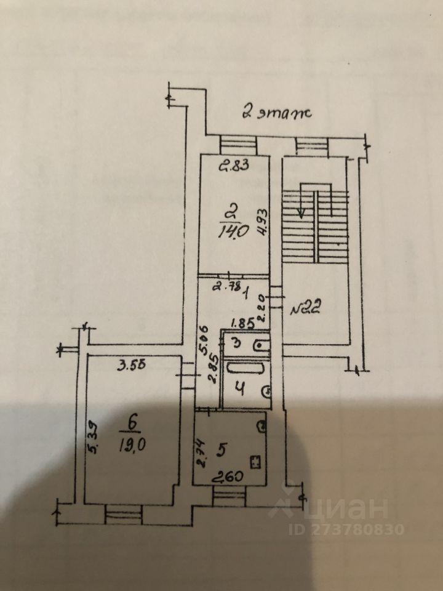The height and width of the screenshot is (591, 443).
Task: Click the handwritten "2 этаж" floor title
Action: click(277, 113)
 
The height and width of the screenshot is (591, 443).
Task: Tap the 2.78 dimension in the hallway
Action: click(224, 285)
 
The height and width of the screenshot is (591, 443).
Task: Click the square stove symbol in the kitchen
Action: click(255, 460)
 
